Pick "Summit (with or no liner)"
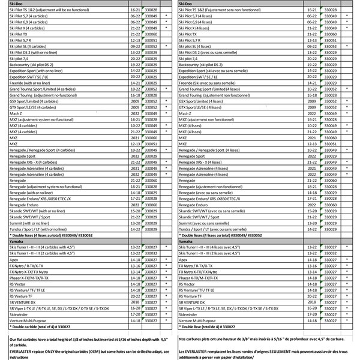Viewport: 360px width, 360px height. pos(30,224)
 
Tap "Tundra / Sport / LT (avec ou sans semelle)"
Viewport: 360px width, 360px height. pos(219,229)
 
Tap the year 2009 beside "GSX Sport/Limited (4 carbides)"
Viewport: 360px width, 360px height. pos(133,101)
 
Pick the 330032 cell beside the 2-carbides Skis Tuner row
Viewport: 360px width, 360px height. pos(153,253)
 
